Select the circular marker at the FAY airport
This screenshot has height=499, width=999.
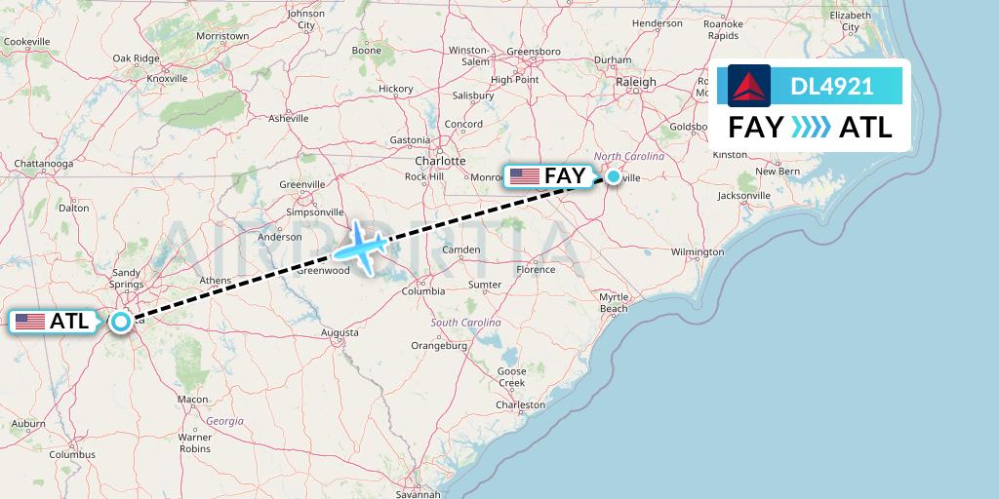[x=613, y=176]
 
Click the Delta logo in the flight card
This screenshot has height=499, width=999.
[x=749, y=86]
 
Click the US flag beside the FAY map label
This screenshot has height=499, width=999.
[x=525, y=176]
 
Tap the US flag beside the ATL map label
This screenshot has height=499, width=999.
[x=30, y=321]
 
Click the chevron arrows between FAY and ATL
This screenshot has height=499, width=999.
[x=812, y=127]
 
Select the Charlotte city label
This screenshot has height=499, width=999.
[x=439, y=161]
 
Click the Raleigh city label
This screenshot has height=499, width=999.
[x=637, y=83]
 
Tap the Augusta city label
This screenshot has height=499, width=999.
[x=340, y=332]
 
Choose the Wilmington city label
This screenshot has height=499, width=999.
[x=697, y=251]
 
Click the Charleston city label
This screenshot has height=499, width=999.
[x=520, y=404]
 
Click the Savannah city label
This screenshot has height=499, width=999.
[x=419, y=494]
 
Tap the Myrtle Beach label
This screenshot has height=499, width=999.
[x=614, y=302]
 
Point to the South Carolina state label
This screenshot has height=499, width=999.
[x=466, y=323]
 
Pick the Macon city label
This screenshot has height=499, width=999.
[x=192, y=400]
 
